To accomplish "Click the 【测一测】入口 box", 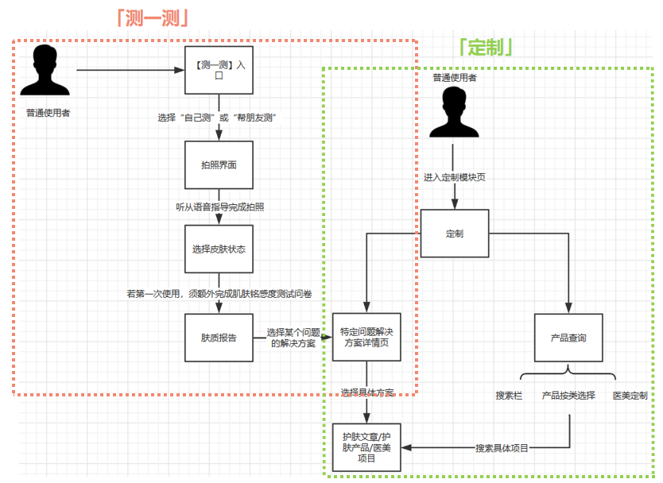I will (219, 70).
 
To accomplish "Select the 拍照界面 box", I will (219, 165).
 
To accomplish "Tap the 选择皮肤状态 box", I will (219, 249).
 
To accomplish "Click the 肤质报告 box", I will (219, 337).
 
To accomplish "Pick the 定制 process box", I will (455, 234).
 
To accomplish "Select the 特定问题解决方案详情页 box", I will (366, 337).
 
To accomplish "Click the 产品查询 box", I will (568, 337).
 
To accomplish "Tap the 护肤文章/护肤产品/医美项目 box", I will (366, 448).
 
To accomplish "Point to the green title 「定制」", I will (485, 48).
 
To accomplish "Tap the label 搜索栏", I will (509, 395).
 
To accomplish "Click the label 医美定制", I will (630, 395).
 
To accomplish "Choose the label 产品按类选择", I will (568, 395).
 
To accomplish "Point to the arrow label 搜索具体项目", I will (502, 448).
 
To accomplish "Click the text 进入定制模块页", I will (455, 176).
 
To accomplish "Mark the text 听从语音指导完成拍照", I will (219, 207).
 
